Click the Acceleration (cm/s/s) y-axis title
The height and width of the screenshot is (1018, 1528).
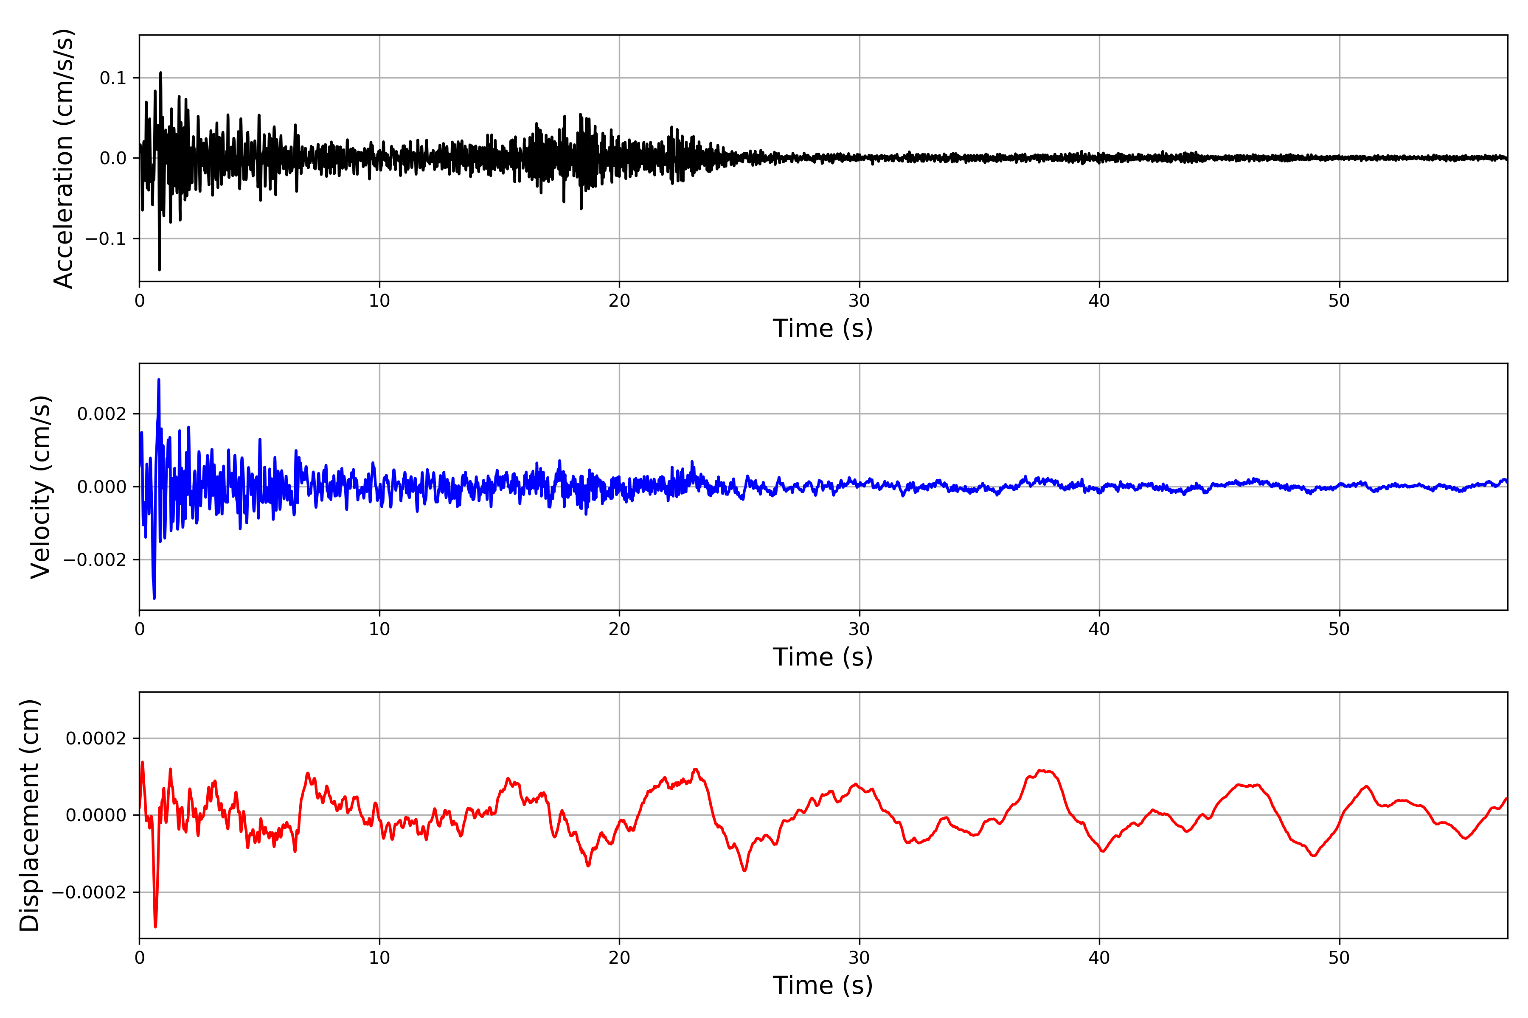(64, 158)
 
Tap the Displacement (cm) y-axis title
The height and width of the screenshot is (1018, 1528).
(30, 815)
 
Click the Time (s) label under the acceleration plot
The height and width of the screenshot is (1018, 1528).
(823, 328)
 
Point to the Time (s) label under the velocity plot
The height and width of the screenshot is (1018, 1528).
(823, 657)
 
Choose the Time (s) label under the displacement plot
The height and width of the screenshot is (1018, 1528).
(823, 985)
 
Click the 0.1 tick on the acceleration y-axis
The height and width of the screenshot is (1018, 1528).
(112, 78)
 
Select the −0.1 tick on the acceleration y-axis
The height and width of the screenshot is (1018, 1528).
(106, 239)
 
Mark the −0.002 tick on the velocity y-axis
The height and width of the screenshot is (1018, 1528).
(95, 559)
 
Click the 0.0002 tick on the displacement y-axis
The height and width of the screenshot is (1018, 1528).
(95, 738)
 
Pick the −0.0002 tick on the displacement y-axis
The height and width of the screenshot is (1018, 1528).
(89, 892)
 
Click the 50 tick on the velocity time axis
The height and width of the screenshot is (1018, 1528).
(1339, 629)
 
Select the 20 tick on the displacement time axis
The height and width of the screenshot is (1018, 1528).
(619, 958)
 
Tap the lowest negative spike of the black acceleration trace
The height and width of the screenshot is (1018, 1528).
(159, 269)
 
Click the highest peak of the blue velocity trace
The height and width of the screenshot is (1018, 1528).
(158, 380)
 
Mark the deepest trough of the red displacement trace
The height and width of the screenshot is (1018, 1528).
(155, 926)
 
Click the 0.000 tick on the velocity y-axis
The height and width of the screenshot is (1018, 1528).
(101, 487)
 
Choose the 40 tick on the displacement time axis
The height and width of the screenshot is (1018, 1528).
(1099, 958)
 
